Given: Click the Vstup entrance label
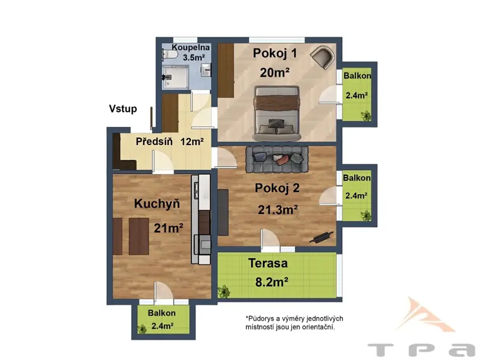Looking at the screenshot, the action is click(x=123, y=109).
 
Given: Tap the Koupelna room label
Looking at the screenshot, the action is click(x=190, y=47).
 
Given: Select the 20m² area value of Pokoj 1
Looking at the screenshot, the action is click(x=275, y=72).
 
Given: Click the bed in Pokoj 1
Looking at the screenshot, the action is click(x=277, y=114).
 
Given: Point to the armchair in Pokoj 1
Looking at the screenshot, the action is click(x=322, y=57).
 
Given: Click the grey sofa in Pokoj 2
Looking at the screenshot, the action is click(x=277, y=159).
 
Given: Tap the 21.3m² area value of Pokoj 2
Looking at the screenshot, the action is click(x=278, y=210).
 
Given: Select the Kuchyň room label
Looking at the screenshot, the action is click(x=157, y=204).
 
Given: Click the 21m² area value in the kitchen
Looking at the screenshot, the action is click(x=168, y=228).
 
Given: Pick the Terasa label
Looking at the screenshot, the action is click(x=268, y=263).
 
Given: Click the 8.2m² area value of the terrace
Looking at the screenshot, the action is click(x=272, y=282).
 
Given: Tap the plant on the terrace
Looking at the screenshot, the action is click(x=224, y=291).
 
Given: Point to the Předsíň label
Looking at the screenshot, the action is click(x=154, y=142).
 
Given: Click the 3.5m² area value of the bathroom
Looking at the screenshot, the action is click(x=194, y=58).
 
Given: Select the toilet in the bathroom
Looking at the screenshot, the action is click(x=170, y=54).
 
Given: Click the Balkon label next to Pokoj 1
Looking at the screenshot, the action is click(x=357, y=76).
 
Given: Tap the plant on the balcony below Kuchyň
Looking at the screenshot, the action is click(x=142, y=329).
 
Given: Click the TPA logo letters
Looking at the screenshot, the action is click(x=422, y=350).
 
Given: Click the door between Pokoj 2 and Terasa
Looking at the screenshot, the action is click(x=269, y=240).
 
